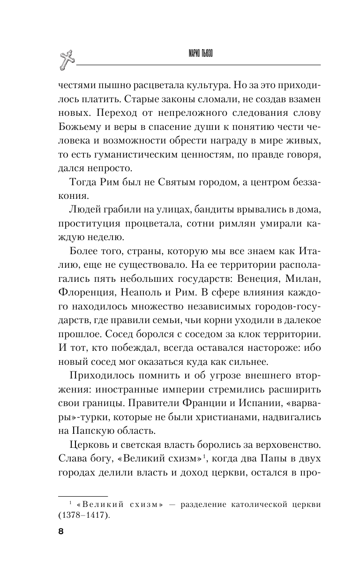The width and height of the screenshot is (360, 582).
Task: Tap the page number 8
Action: [60, 531]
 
